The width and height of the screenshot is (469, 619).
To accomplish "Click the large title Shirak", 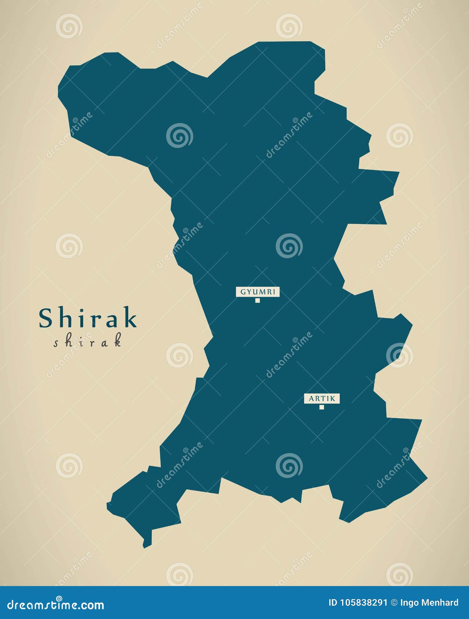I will tap(88, 318).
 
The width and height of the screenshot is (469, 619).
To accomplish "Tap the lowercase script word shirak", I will tap(87, 342).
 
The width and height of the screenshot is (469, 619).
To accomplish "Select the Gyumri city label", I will tap(258, 292).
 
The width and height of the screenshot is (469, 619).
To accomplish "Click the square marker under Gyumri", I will tap(258, 301).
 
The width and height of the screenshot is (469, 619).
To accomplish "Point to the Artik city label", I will tap(322, 399).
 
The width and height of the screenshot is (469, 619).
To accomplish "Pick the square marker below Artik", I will tap(322, 407).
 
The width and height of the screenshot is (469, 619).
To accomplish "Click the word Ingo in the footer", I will tap(407, 603).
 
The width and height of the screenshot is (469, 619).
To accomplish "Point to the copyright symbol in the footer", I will tap(394, 603).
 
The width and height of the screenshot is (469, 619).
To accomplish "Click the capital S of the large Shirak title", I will tap(45, 318).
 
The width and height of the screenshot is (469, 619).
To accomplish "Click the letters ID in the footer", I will tap(333, 603).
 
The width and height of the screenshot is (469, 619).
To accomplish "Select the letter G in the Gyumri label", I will tap(243, 292).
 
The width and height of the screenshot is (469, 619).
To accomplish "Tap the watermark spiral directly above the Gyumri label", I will tap(289, 245).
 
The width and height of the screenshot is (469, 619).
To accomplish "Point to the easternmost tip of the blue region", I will tap(427, 478).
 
